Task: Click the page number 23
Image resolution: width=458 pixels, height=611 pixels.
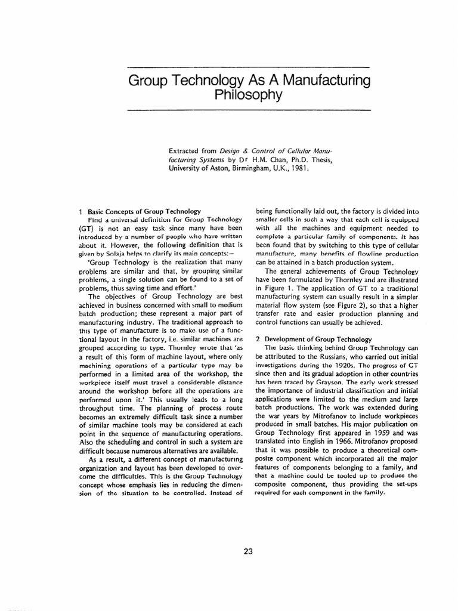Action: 249,551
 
